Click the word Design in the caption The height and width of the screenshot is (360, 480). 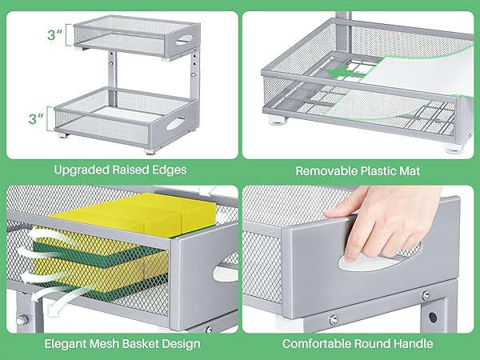tap(182, 344)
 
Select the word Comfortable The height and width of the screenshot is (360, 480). tap(319, 344)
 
